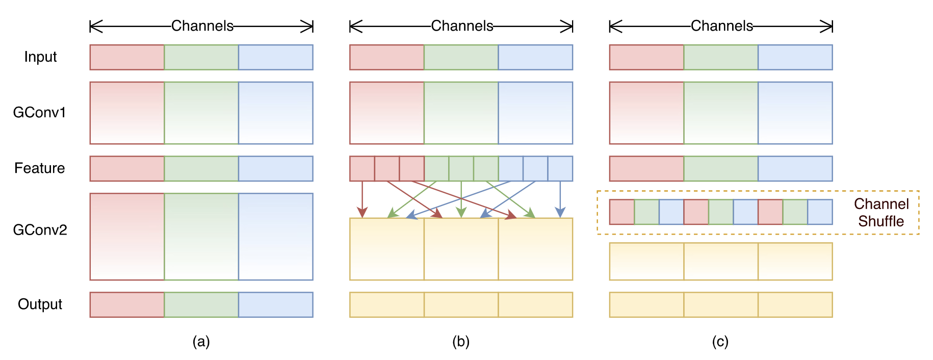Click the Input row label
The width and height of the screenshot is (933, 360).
40,57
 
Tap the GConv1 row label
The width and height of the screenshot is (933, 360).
40,112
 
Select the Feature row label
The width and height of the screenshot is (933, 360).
40,168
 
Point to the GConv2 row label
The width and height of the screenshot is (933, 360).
40,230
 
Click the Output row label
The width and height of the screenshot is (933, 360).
40,304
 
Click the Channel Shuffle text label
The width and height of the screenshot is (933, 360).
882,213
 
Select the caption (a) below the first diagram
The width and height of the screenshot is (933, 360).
201,341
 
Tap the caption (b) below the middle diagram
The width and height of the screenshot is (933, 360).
461,341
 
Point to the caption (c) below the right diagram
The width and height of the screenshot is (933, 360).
720,341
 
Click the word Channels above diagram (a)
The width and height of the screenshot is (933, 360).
202,26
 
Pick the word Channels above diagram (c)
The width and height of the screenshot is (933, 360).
722,26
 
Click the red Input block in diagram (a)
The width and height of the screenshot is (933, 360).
127,57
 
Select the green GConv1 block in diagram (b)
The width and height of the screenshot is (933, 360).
461,113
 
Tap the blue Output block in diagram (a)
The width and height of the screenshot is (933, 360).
276,304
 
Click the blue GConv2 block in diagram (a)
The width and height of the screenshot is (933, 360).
276,237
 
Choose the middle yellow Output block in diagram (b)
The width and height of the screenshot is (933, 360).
461,304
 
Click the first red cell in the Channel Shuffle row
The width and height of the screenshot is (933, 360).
622,212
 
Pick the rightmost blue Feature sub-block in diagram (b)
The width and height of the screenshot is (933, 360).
560,169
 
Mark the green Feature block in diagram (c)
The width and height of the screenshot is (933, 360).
721,169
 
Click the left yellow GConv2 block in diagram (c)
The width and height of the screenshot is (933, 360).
646,262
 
